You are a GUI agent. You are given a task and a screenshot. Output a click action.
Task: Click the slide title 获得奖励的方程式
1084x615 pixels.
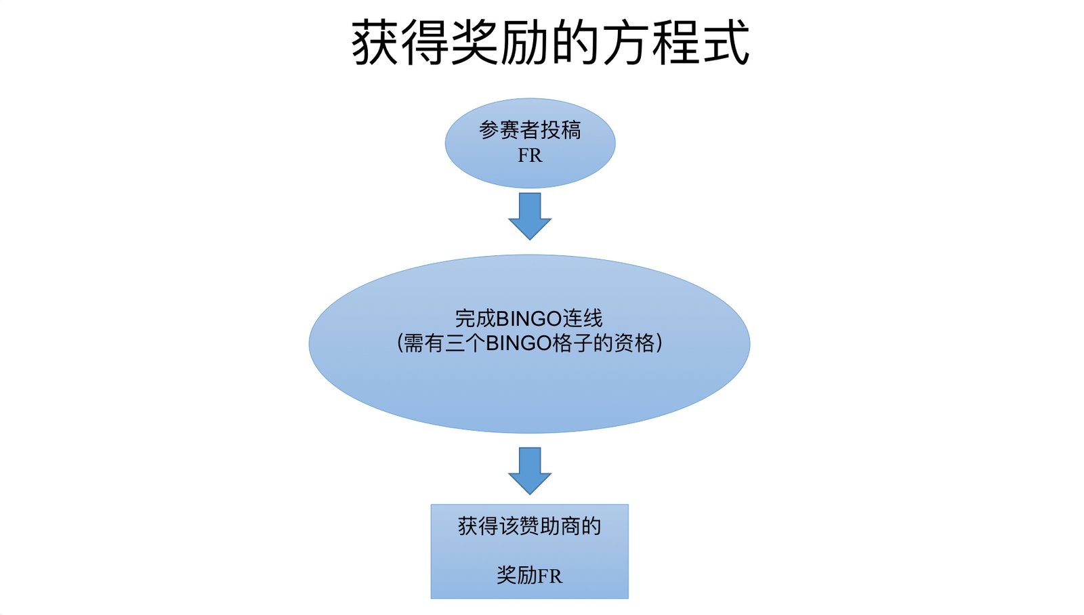coord(550,42)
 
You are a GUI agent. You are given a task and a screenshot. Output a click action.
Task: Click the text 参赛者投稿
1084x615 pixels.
coord(530,130)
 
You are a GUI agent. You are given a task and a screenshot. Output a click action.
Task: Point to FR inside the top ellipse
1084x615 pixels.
coord(530,156)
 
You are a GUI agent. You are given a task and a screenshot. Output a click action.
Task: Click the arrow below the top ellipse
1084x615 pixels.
coord(530,215)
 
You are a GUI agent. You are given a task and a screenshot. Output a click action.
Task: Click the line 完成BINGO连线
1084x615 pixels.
coord(528,318)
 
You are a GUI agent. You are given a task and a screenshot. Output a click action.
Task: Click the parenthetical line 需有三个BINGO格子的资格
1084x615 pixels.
coord(529,343)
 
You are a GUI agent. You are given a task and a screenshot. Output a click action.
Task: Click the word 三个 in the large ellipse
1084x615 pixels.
coord(465,343)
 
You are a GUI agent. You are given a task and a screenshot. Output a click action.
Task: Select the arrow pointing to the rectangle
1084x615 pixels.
coord(530,470)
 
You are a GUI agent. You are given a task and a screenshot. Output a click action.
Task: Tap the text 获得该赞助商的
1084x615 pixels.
coord(529,526)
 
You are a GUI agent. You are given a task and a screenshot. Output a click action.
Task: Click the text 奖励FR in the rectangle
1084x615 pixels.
coord(529,576)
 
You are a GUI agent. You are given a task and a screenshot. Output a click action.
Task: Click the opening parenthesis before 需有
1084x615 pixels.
coord(400,343)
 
